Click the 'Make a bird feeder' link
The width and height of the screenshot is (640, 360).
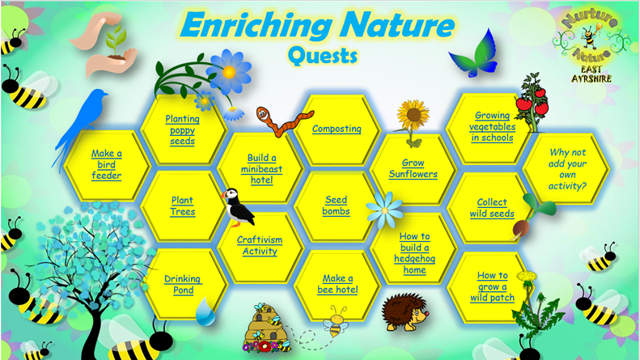click(107, 164)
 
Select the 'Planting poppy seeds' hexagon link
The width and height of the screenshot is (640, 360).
click(182, 130)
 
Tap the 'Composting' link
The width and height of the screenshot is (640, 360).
click(337, 129)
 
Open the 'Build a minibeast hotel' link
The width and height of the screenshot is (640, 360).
click(261, 169)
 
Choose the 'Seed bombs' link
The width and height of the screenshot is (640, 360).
click(336, 205)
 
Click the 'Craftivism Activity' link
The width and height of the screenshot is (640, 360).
click(260, 245)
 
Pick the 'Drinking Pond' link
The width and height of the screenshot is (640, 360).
click(183, 285)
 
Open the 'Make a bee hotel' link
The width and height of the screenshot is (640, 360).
click(337, 284)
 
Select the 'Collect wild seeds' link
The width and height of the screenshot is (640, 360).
click(492, 208)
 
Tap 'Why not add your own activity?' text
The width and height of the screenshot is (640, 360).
click(567, 169)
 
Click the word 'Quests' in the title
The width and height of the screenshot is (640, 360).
click(323, 56)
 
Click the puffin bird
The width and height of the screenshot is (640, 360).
click(238, 207)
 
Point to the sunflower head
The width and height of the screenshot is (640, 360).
click(413, 115)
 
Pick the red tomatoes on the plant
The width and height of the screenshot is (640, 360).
click(532, 104)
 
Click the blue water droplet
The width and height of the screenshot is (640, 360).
click(205, 311)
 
